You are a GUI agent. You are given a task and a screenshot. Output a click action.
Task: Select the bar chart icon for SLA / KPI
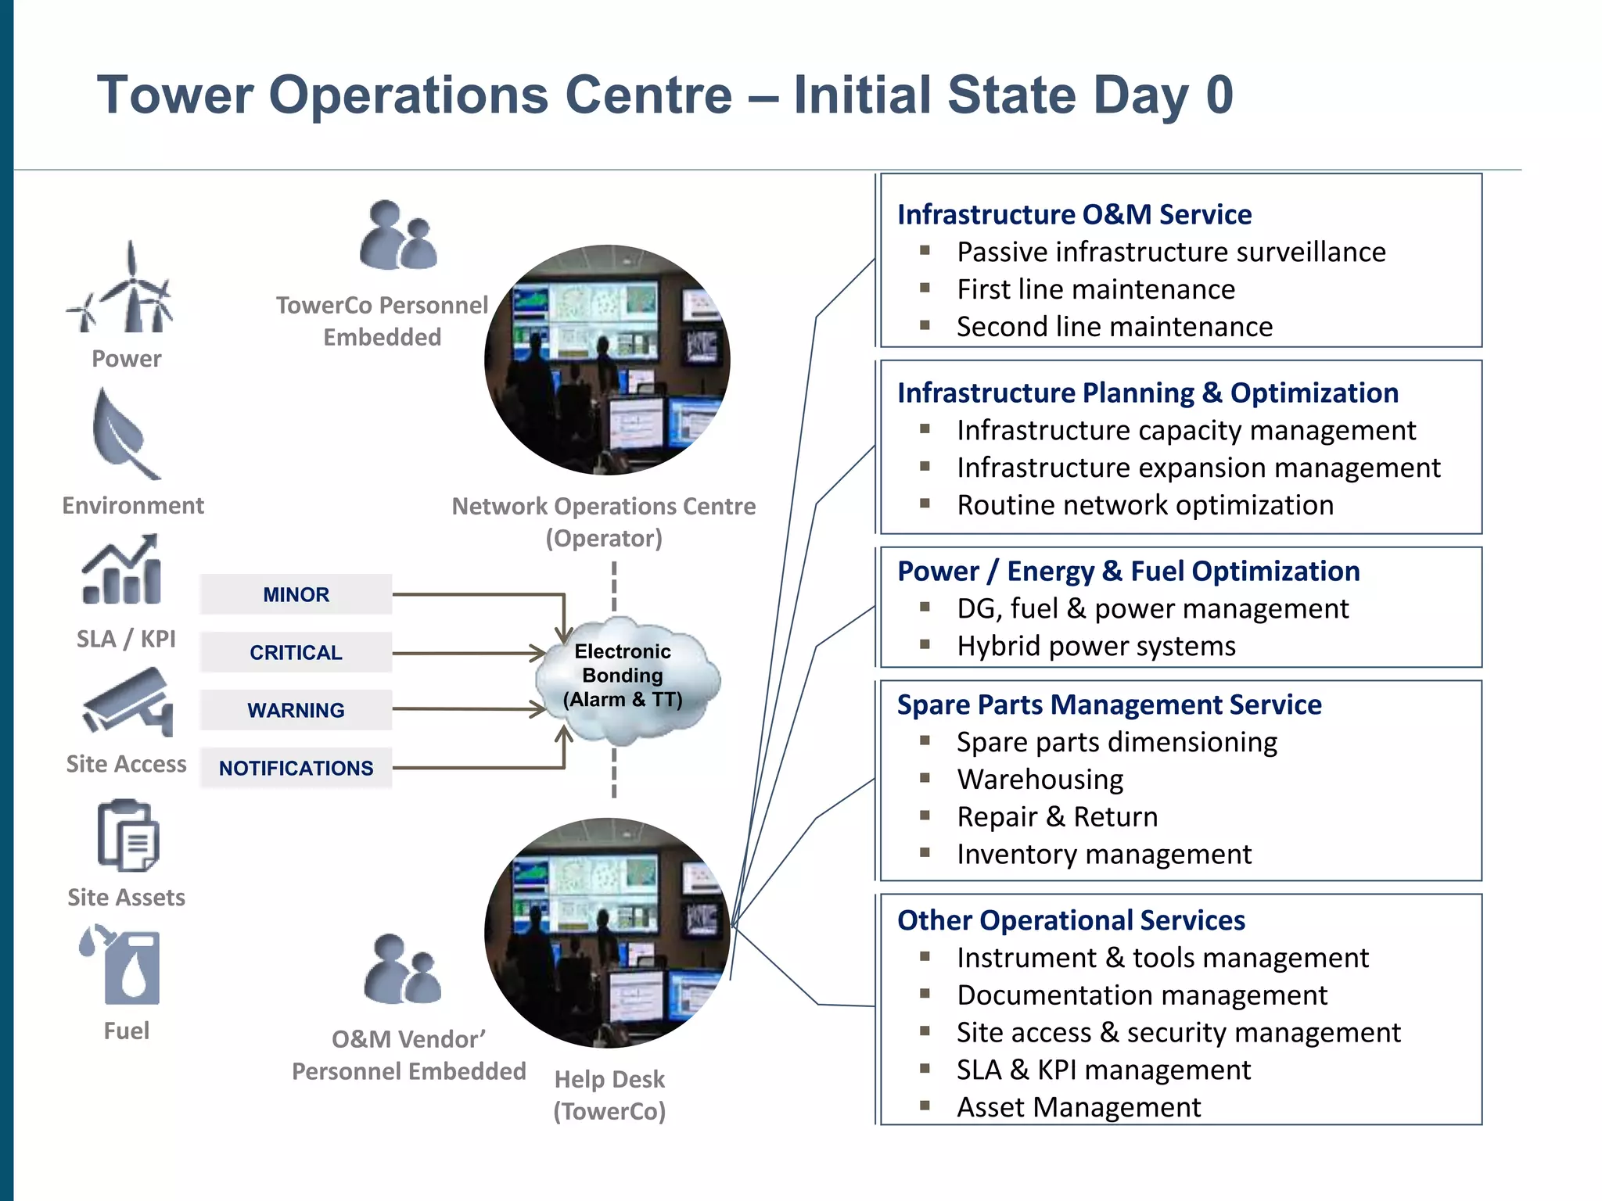[x=122, y=571]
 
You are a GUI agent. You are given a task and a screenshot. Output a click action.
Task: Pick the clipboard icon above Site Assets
[x=128, y=835]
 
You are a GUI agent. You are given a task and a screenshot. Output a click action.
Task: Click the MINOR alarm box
[x=296, y=595]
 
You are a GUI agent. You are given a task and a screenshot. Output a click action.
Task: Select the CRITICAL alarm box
[x=296, y=653]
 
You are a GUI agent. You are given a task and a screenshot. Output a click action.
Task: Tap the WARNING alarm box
[x=296, y=711]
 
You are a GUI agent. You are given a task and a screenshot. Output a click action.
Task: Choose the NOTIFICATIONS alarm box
[x=296, y=769]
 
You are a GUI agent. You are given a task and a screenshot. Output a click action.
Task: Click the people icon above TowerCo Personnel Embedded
[x=397, y=236]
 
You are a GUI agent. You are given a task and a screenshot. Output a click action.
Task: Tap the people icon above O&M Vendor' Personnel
[x=402, y=970]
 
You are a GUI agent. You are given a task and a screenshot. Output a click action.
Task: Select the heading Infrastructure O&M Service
[x=1074, y=214]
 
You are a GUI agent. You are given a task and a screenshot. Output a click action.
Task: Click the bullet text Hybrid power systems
[x=1096, y=647]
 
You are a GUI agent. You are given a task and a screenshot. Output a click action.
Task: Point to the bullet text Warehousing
[x=1040, y=780]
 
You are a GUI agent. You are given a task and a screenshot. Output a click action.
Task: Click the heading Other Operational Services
[x=1071, y=920]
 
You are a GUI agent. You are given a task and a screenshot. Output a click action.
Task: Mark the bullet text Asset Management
[x=1079, y=1107]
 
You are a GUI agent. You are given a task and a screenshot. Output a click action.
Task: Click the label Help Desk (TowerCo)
[x=609, y=1095]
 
